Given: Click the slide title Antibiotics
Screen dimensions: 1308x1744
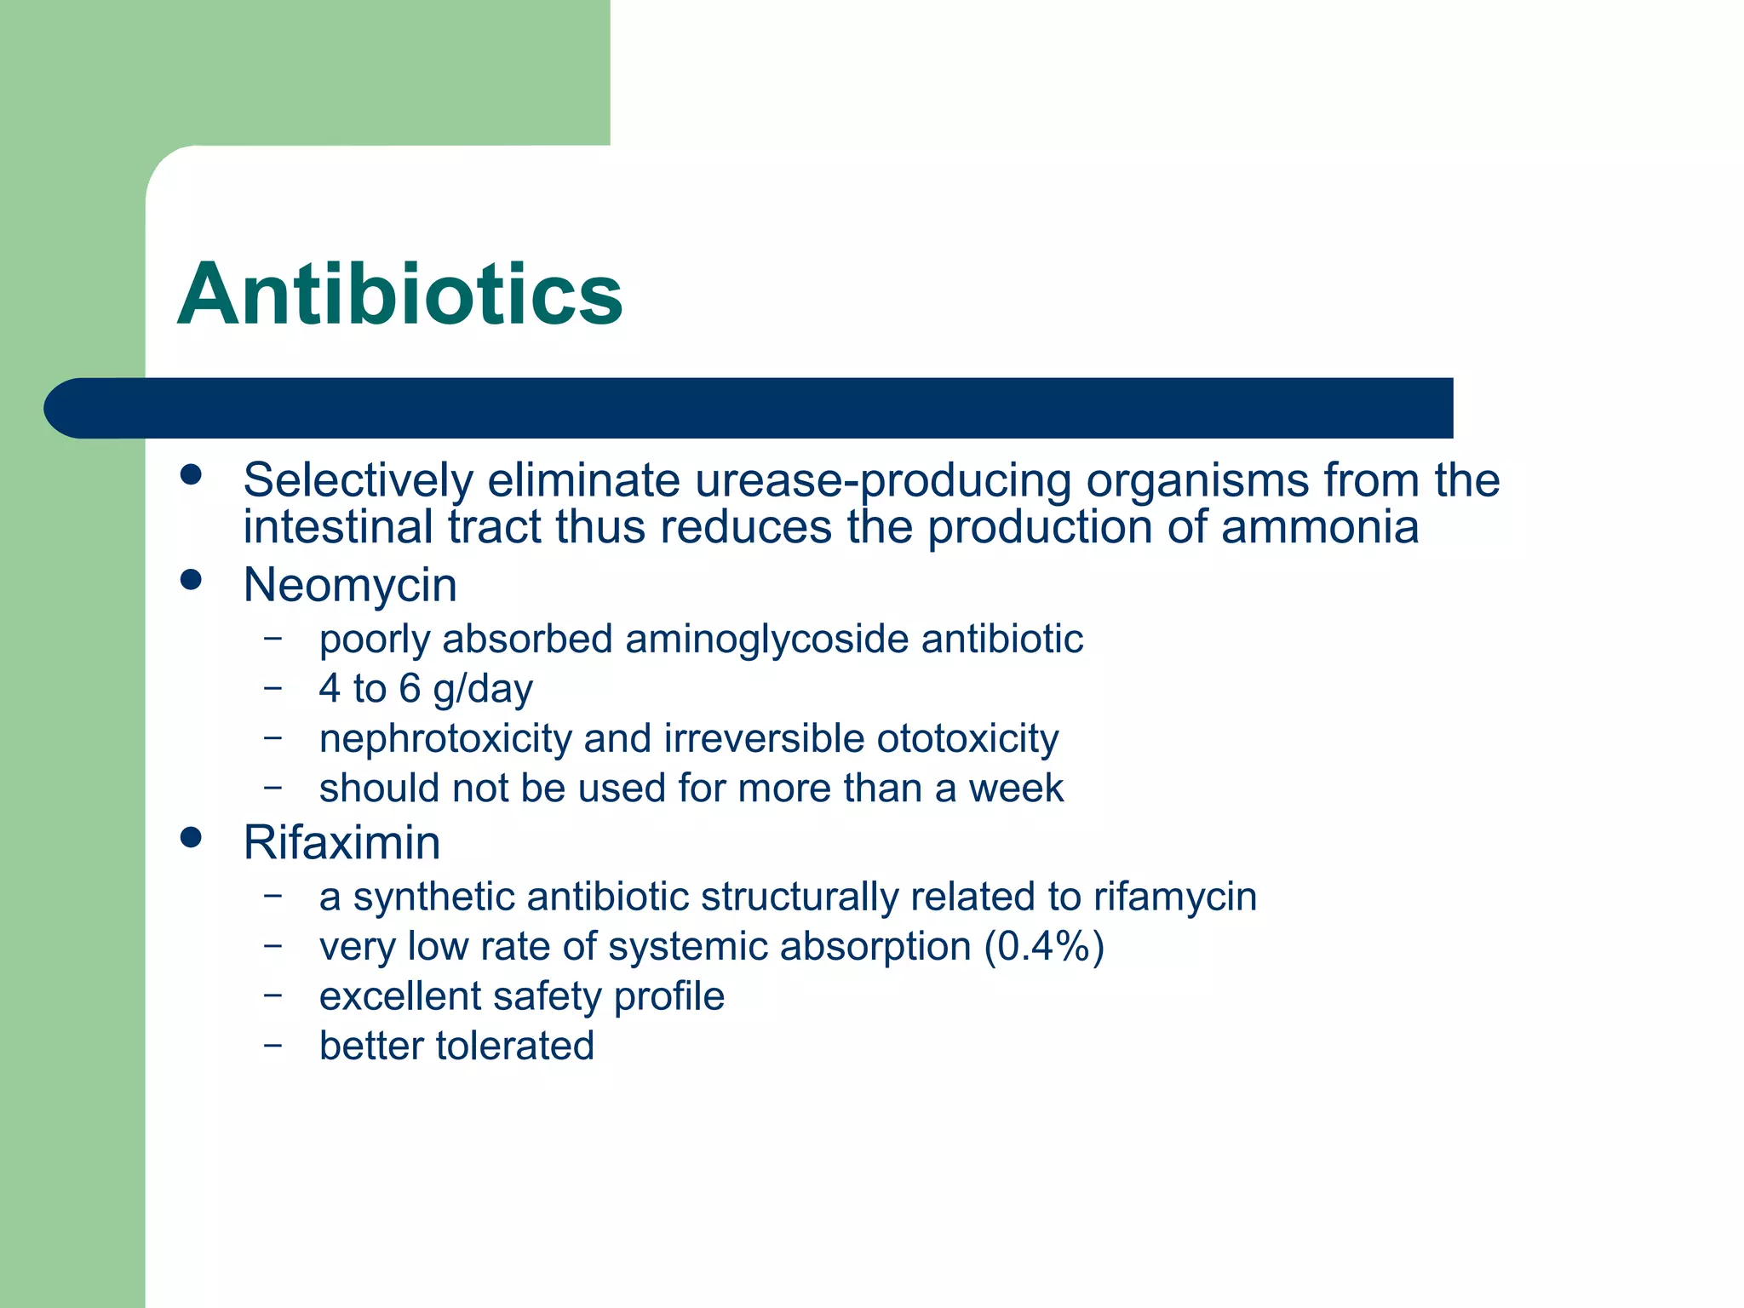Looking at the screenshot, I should (399, 295).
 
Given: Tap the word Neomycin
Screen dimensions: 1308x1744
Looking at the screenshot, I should (350, 586).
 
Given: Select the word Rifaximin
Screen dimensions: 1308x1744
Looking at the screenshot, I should (341, 843).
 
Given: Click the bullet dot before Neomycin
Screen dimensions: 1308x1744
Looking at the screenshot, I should (191, 581).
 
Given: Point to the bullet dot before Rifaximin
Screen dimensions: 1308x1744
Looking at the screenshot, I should (191, 838).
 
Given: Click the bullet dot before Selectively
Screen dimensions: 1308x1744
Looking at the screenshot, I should (191, 475).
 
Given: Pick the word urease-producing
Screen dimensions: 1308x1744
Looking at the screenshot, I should (882, 481).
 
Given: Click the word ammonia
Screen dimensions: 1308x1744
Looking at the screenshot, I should (1320, 527).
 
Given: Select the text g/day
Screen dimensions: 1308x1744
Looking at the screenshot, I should (482, 690).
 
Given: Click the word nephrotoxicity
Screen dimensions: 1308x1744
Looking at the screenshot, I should (445, 738).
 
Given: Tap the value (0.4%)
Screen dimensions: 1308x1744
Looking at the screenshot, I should (1044, 947).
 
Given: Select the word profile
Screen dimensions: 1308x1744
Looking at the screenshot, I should (668, 997).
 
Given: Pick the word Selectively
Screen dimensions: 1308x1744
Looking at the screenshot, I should (358, 480).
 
